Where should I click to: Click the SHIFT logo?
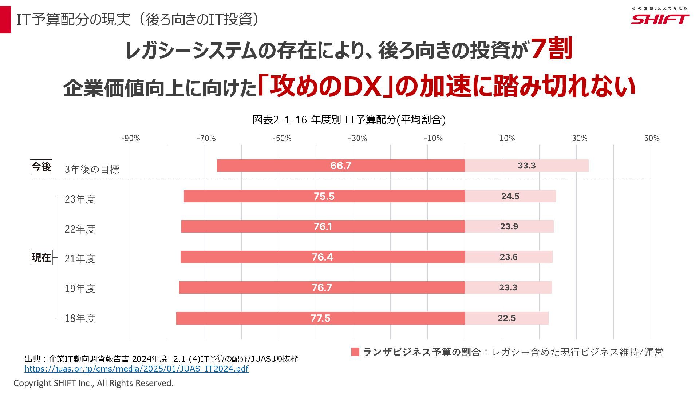(x=660, y=19)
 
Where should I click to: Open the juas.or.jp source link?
(x=137, y=369)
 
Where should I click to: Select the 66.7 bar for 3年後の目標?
(x=341, y=166)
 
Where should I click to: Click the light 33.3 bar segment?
(x=526, y=166)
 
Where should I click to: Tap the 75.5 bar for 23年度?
(x=324, y=196)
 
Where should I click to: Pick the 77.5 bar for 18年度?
(x=320, y=318)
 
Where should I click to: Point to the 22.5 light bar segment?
(x=506, y=318)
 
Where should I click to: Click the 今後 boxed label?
(x=41, y=167)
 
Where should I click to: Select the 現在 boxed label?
(x=41, y=257)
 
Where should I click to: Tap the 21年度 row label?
(x=80, y=259)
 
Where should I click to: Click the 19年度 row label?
(x=80, y=289)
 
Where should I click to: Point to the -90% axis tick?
(x=130, y=138)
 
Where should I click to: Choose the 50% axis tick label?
(x=652, y=138)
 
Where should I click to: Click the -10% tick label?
(x=433, y=138)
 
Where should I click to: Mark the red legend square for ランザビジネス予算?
(x=355, y=352)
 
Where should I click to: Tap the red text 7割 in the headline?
(x=551, y=49)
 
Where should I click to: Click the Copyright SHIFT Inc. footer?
(x=94, y=383)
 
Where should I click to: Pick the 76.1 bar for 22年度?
(x=323, y=226)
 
